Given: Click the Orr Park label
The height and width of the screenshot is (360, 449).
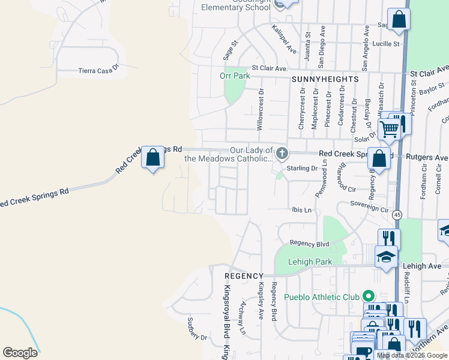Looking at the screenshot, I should click(235, 76).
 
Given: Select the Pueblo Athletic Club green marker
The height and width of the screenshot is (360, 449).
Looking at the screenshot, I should click(369, 296).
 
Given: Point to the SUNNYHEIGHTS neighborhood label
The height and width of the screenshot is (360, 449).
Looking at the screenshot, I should click(325, 79).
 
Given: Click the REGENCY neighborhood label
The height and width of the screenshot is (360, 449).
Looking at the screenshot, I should click(244, 275).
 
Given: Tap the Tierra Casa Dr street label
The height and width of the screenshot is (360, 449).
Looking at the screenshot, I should click(99, 71).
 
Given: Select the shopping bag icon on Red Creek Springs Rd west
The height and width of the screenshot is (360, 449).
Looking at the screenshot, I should click(153, 158).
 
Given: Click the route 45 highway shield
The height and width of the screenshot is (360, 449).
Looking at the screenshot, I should click(397, 214).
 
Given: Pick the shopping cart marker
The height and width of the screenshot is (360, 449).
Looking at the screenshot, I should click(390, 128).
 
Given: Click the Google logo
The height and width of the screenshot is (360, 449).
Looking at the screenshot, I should click(20, 353).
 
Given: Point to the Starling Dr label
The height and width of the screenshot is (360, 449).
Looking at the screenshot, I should click(301, 169).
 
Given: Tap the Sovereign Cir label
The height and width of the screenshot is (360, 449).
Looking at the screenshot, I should click(369, 209).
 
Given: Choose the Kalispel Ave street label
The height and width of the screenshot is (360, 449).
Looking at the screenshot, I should click(284, 39).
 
